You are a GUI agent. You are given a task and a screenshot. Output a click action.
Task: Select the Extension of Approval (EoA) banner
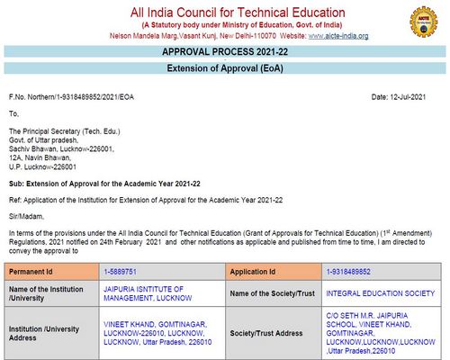click(224, 69)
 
